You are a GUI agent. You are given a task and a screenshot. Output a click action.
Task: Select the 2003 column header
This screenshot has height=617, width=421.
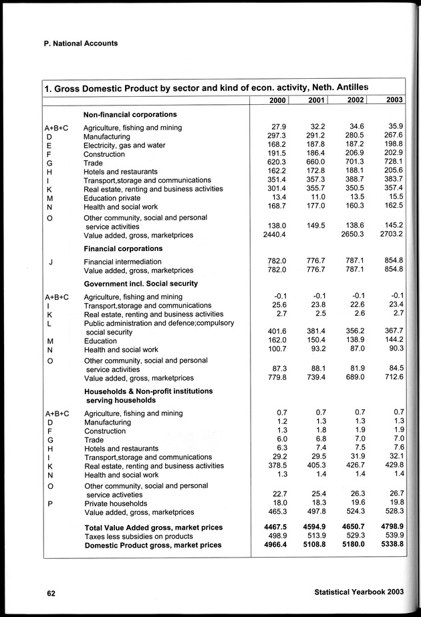coord(394,101)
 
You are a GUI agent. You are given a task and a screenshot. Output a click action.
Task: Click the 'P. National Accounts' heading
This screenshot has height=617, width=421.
coord(74,43)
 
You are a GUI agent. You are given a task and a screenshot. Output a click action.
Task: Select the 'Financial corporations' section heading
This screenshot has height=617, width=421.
coord(123,248)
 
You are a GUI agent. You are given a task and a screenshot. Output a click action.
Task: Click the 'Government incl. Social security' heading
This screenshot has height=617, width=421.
coord(140,284)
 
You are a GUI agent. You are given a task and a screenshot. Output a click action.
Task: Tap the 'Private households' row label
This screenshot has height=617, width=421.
coord(115,503)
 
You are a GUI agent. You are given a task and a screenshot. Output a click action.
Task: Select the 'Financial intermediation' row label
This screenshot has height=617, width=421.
coord(122,262)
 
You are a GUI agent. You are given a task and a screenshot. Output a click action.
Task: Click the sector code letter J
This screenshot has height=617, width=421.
coord(51,262)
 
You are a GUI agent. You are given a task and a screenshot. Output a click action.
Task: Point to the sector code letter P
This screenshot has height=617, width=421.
coord(50,503)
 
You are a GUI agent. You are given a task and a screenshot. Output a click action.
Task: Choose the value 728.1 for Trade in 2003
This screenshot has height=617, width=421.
coord(392,162)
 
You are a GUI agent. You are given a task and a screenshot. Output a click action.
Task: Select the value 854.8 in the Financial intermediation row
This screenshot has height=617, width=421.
coord(392,262)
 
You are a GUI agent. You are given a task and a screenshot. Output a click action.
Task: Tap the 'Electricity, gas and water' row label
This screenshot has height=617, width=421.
coord(124,145)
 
